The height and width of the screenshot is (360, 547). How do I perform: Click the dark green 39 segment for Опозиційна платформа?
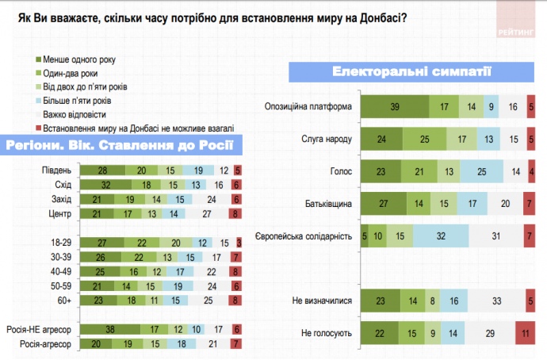tap(395, 106)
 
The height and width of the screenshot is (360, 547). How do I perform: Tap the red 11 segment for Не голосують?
tap(526, 334)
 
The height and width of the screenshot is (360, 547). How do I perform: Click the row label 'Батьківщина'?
tap(327, 204)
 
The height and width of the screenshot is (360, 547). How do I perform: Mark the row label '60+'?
tap(65, 299)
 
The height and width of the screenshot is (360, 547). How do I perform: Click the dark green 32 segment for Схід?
tap(105, 185)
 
